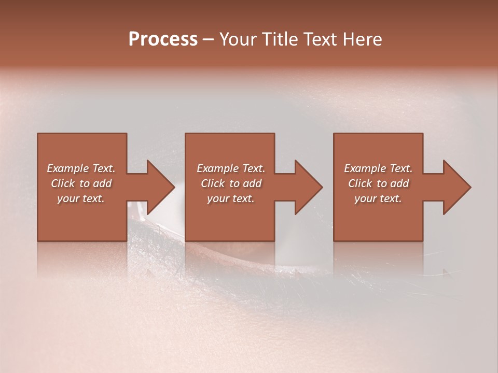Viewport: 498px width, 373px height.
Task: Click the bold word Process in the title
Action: coord(163,39)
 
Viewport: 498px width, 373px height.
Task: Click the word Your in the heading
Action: coord(238,39)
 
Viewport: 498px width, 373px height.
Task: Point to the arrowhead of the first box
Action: coord(161,187)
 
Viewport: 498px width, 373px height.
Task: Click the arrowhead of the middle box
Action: coord(309,187)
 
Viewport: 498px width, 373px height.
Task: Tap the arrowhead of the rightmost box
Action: coord(457,187)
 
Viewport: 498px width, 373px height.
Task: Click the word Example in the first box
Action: coord(67,168)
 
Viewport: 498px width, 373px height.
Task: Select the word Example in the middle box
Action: coord(217,168)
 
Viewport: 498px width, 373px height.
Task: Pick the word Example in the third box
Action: coord(365,168)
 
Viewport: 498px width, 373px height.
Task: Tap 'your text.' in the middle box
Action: coord(230,198)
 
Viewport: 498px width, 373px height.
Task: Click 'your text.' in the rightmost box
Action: coord(378,198)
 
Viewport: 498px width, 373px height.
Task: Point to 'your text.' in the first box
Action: coord(80,198)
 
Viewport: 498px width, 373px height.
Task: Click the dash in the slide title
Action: coord(209,39)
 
